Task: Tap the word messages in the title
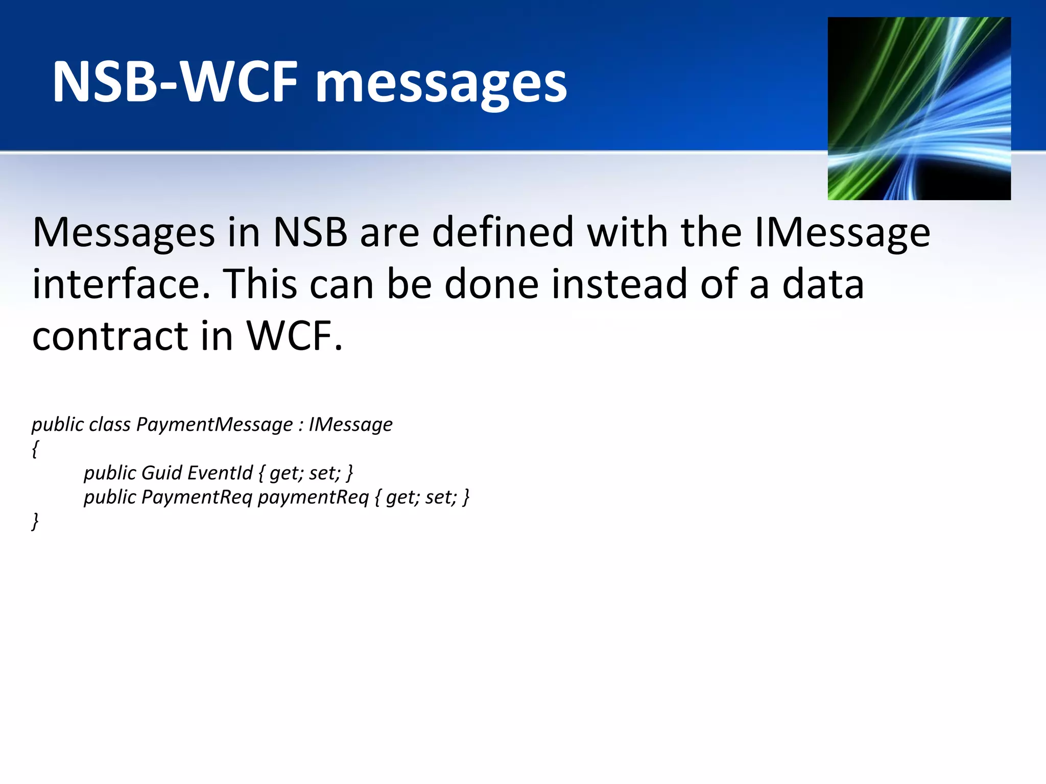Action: (441, 84)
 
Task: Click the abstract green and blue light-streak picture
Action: (919, 108)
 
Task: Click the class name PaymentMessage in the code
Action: (215, 425)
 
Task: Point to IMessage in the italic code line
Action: (350, 425)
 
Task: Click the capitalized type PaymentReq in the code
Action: (197, 497)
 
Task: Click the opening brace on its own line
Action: (35, 449)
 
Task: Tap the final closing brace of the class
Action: (35, 522)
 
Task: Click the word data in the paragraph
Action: (823, 284)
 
